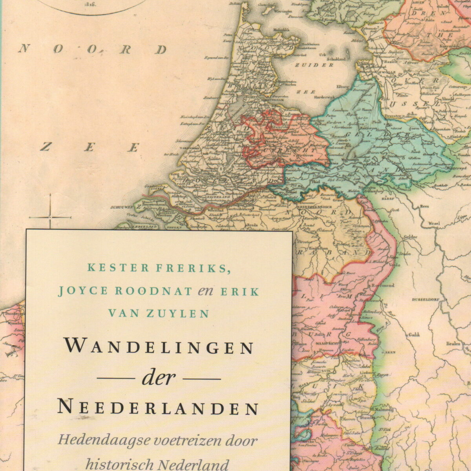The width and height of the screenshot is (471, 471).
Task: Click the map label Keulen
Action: coord(453,343)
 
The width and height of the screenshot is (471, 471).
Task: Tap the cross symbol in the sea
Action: coord(50,217)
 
